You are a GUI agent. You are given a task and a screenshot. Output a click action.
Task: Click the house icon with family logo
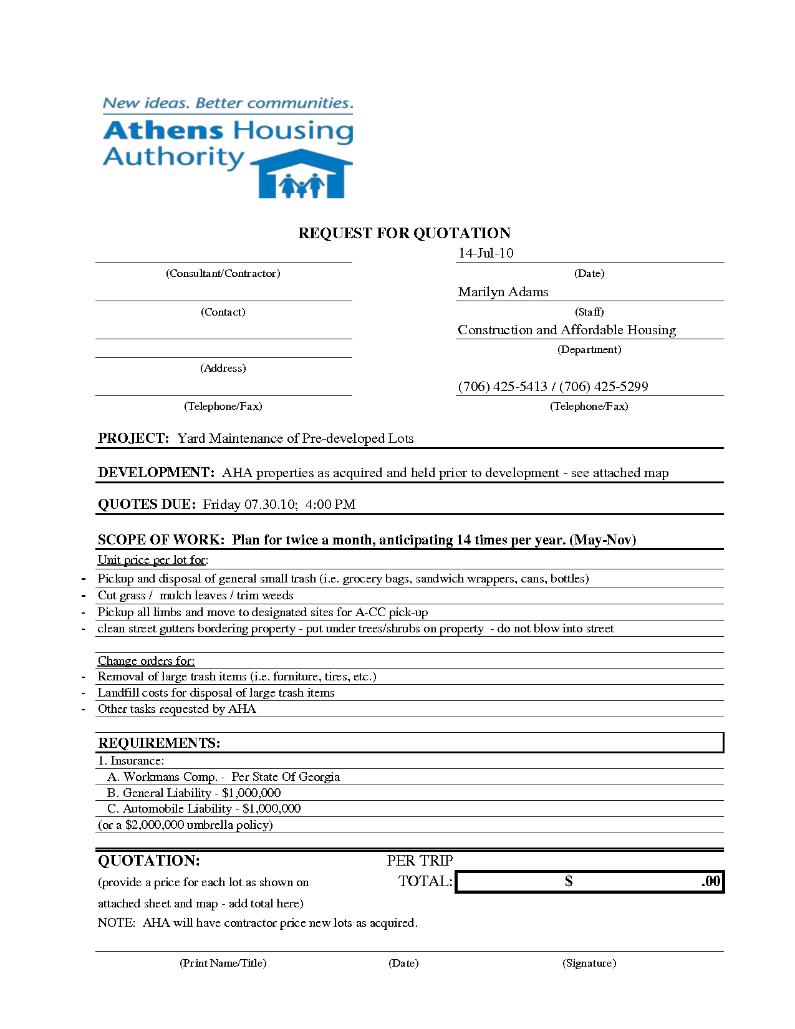tap(302, 175)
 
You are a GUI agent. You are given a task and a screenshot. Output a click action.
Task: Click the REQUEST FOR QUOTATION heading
tap(404, 233)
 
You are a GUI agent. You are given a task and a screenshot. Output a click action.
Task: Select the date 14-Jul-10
tap(486, 253)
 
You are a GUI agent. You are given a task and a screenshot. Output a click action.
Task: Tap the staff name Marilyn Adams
tap(503, 292)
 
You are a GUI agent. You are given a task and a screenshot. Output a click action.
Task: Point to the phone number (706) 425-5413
tap(503, 387)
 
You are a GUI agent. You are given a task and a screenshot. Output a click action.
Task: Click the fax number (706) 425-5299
tap(604, 387)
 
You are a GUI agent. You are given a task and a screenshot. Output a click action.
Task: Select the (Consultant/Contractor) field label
tap(223, 273)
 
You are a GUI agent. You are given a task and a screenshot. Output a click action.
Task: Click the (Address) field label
tap(223, 368)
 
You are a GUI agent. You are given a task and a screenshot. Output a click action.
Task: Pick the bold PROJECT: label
tap(133, 438)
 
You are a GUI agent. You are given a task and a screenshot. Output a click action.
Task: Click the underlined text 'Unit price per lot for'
tap(152, 560)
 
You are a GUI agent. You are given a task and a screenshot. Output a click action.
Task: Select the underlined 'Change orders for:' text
tap(146, 661)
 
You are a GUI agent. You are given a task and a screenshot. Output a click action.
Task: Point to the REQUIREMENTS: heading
tap(159, 743)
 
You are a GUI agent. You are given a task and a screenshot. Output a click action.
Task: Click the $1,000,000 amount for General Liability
tap(251, 793)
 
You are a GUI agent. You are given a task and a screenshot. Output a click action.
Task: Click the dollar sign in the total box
tap(569, 881)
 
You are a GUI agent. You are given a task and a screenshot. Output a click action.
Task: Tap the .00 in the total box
tap(711, 881)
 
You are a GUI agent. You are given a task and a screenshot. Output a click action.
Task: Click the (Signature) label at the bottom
tap(589, 963)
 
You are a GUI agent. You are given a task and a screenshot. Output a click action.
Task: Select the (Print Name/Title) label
tap(223, 963)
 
